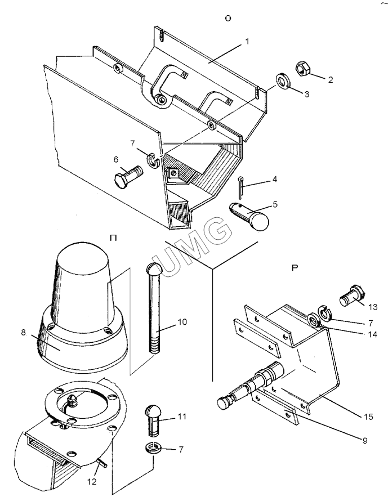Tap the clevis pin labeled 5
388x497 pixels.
(249, 216)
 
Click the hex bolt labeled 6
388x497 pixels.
(128, 177)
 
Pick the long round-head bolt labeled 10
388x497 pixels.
(155, 307)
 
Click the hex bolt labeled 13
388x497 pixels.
(353, 295)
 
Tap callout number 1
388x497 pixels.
(247, 42)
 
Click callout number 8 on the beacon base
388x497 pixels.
(23, 333)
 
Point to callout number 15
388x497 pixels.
(368, 417)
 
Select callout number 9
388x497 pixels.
(364, 440)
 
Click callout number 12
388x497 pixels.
(92, 481)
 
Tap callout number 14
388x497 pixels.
(372, 334)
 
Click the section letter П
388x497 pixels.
(113, 238)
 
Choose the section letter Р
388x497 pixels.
(295, 268)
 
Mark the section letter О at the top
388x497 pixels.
(228, 19)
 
